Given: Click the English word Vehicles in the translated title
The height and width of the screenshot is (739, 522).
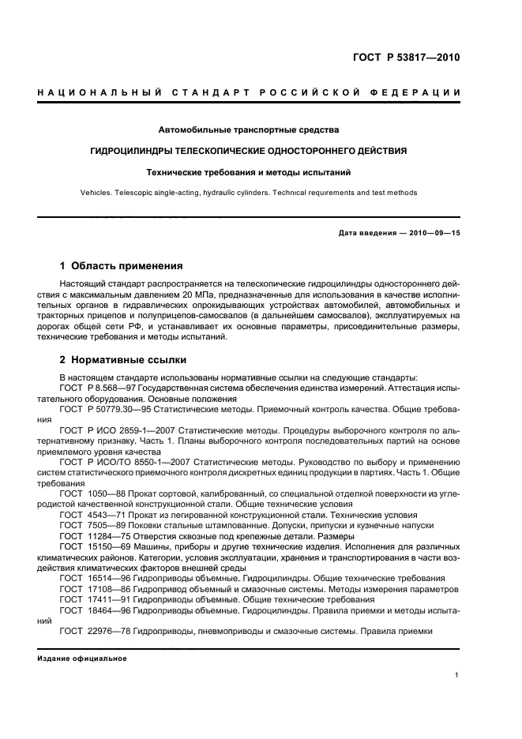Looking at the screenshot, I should (96, 192).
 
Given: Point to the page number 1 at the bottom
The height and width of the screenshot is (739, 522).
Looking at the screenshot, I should (457, 675).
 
